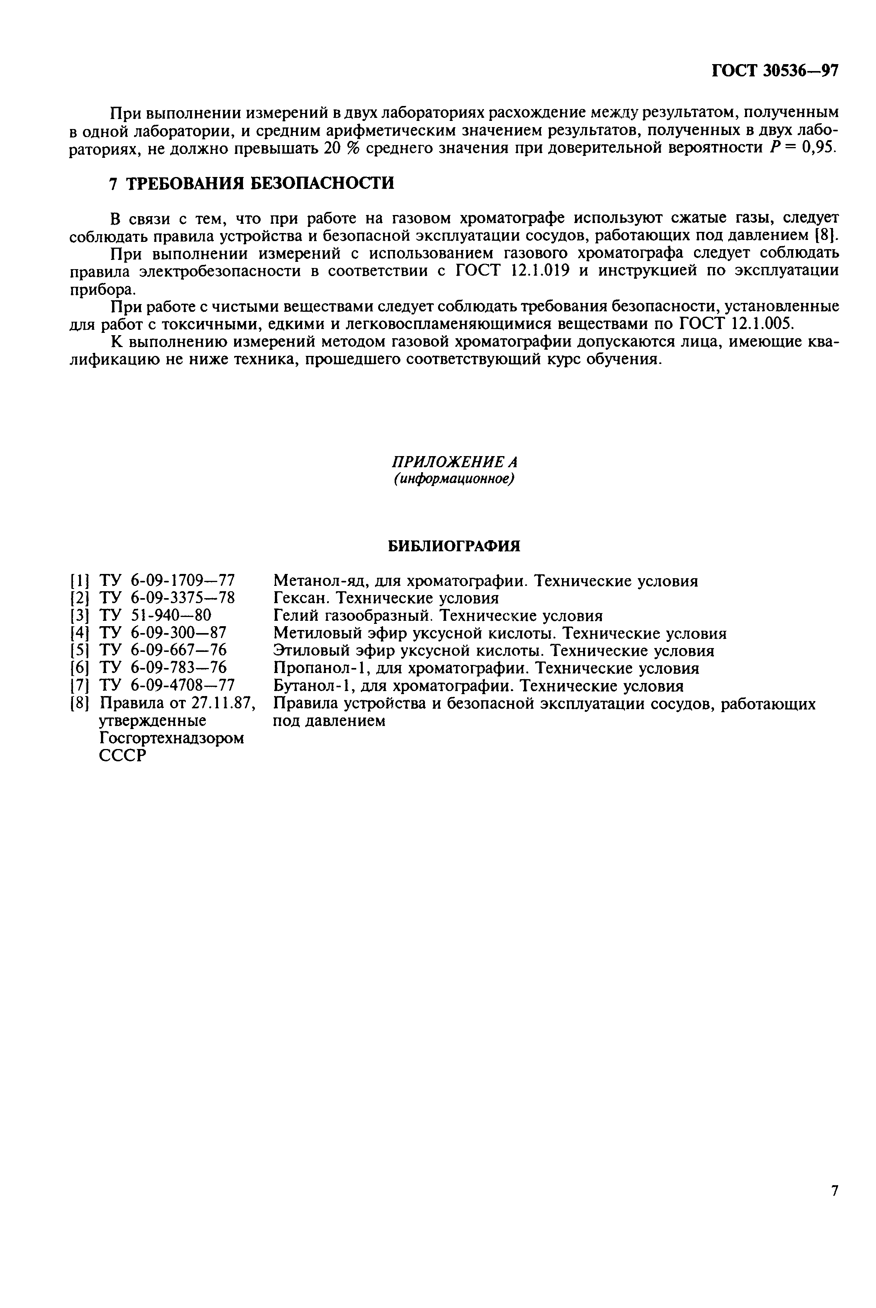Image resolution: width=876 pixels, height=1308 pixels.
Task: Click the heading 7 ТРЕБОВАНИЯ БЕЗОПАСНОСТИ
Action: pyautogui.click(x=251, y=183)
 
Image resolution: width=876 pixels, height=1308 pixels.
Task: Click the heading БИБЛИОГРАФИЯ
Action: pyautogui.click(x=454, y=546)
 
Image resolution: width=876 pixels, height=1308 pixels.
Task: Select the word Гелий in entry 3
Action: pyautogui.click(x=296, y=616)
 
